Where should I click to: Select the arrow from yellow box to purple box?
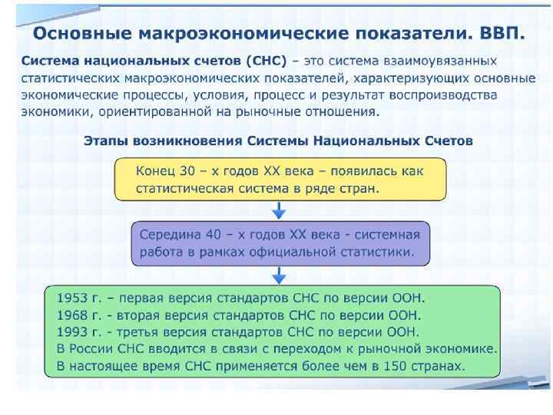click(x=280, y=210)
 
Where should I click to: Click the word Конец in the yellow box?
click(x=157, y=170)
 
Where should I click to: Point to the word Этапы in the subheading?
click(x=105, y=141)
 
